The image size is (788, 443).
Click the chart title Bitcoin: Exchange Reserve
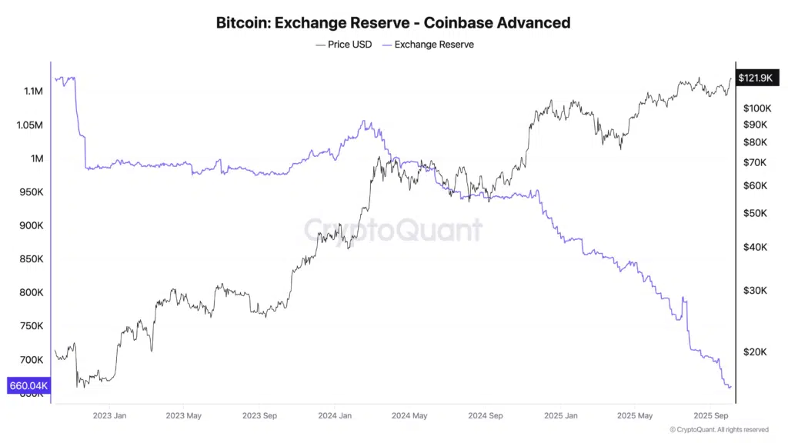click(x=393, y=22)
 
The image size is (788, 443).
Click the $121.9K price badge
click(x=755, y=78)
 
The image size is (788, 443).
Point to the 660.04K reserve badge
click(x=28, y=385)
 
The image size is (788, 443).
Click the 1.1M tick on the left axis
click(x=33, y=92)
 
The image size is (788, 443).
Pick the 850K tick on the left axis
click(x=31, y=259)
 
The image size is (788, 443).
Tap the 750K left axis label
click(x=31, y=326)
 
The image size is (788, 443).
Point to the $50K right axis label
click(x=755, y=213)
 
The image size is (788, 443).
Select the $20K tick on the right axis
click(x=755, y=351)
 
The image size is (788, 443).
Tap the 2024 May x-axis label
click(x=409, y=415)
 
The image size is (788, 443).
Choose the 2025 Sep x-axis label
click(x=710, y=415)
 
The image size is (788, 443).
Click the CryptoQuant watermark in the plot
click(x=393, y=229)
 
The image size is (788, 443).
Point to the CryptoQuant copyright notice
click(x=719, y=430)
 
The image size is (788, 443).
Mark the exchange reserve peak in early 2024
click(x=364, y=122)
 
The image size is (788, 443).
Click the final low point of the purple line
click(x=727, y=387)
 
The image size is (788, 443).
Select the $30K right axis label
click(x=755, y=290)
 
